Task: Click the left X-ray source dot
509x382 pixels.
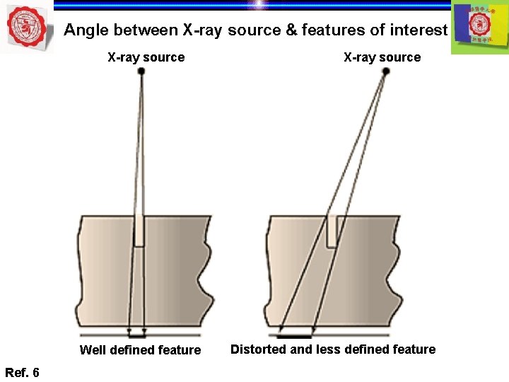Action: [141, 72]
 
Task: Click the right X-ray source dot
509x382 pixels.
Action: [385, 73]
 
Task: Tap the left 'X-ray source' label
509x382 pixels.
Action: [146, 57]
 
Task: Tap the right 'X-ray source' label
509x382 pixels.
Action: [382, 57]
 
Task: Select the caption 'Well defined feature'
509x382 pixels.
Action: [140, 349]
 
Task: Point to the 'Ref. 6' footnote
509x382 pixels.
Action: [22, 372]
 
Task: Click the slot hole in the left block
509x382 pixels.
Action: [139, 231]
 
